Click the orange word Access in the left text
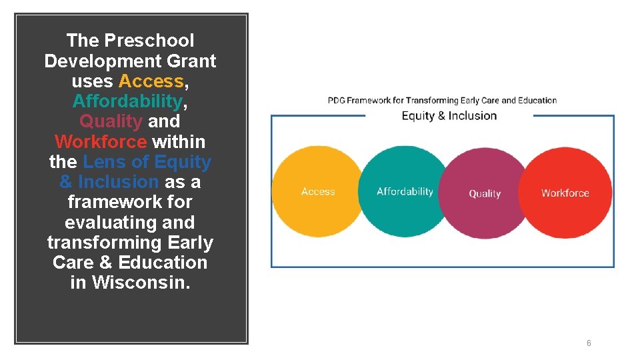point(151,81)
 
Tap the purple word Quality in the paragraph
point(111,121)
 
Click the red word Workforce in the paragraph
point(101,142)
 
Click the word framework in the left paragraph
point(130,202)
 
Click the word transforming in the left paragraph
point(111,243)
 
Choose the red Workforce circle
point(565,193)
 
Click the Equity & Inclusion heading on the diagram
point(449,116)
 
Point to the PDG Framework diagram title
point(442,101)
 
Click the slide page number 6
point(589,343)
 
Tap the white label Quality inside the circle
point(485,194)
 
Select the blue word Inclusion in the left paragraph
point(118,182)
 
